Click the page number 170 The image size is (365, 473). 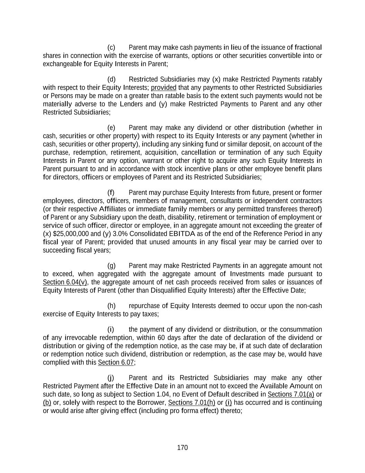tap(182, 448)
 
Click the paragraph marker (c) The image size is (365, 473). tap(111, 47)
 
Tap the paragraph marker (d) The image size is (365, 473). tap(111, 79)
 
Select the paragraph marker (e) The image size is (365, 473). tap(111, 128)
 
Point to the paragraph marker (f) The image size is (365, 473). tap(111, 193)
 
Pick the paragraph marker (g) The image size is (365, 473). tap(111, 266)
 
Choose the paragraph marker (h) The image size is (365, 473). tap(111, 306)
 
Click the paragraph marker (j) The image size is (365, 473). tap(111, 378)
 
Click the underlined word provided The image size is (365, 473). tap(164, 88)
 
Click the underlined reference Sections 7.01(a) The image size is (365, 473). tap(291, 394)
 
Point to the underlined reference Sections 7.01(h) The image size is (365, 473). tap(191, 403)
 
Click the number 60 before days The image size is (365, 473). tap(161, 338)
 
